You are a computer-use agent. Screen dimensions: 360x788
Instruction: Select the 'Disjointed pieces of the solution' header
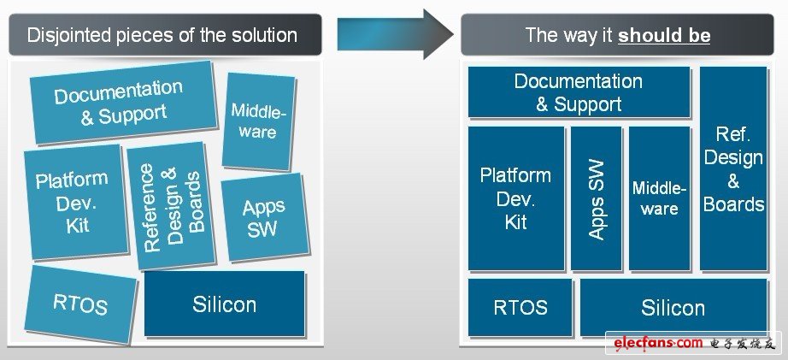[162, 35]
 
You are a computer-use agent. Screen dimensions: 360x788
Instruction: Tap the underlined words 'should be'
[664, 36]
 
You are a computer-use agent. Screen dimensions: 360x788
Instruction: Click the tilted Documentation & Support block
[122, 102]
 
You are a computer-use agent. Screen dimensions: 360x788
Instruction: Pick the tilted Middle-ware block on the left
[258, 121]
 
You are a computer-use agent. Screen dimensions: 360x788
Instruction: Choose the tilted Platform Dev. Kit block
[74, 202]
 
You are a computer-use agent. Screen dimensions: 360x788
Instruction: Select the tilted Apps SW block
[264, 217]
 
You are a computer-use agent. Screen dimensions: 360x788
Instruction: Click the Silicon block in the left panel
[224, 304]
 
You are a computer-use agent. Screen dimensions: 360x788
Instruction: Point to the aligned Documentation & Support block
[578, 92]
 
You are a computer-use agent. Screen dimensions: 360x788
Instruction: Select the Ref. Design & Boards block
[733, 168]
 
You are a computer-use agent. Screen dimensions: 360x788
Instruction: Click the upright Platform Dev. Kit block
[515, 198]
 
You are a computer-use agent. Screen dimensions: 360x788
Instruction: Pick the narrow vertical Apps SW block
[596, 198]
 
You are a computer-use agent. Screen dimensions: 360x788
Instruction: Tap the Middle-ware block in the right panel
[659, 198]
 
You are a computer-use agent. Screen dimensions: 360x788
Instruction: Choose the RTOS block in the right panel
[520, 307]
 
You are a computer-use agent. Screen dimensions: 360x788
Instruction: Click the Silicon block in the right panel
[673, 307]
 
